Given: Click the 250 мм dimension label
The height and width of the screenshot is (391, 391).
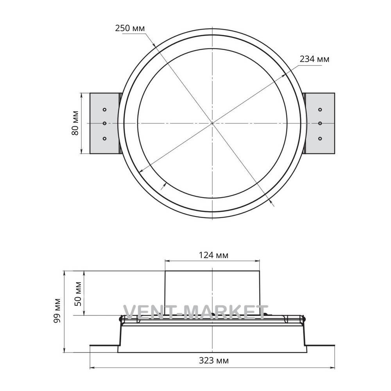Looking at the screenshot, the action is pyautogui.click(x=130, y=28).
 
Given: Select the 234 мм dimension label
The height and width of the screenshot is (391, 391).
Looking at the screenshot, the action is pyautogui.click(x=314, y=59).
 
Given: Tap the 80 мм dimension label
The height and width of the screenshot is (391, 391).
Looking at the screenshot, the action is pyautogui.click(x=75, y=123).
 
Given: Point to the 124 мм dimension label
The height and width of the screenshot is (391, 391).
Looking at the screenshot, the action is pyautogui.click(x=213, y=255).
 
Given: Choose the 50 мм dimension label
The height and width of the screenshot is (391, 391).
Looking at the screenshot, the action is pyautogui.click(x=78, y=294).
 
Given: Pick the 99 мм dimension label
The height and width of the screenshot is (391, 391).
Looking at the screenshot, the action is pyautogui.click(x=57, y=310).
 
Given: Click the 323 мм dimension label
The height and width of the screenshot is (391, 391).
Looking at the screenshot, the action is pyautogui.click(x=214, y=361).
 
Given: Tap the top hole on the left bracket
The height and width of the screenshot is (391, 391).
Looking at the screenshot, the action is pyautogui.click(x=104, y=109).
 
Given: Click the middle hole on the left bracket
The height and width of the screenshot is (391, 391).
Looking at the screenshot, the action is pyautogui.click(x=104, y=123).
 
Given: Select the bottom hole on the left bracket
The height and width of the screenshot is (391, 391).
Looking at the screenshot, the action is pyautogui.click(x=104, y=138).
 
